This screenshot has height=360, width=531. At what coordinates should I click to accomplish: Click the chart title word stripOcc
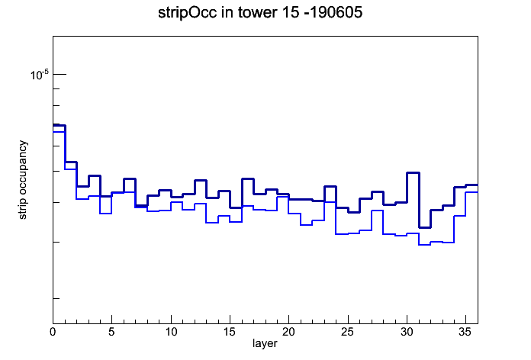(x=188, y=13)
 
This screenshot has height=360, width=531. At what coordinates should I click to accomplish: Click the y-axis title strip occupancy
(x=22, y=180)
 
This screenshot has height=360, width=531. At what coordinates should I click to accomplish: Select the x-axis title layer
(x=265, y=343)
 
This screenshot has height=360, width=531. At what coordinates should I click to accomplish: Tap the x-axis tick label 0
(x=53, y=333)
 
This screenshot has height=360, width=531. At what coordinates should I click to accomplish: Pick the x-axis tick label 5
(x=111, y=333)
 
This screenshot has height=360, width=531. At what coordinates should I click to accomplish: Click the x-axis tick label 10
(x=171, y=333)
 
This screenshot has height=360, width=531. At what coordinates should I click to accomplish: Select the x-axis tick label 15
(x=230, y=333)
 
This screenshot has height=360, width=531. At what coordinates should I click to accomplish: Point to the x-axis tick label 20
(x=288, y=333)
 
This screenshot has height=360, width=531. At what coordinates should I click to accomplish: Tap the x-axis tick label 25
(x=347, y=333)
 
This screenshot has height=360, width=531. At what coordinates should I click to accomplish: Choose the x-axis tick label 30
(x=407, y=333)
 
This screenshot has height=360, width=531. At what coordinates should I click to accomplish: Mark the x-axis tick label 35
(x=465, y=333)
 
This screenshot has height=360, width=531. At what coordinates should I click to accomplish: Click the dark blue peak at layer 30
(x=413, y=172)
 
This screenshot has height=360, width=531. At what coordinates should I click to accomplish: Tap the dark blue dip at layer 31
(x=425, y=227)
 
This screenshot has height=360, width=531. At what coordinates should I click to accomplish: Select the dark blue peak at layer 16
(x=247, y=178)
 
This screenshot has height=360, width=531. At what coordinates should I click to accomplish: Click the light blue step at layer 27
(x=377, y=211)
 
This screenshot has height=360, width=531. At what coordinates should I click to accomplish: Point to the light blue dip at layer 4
(x=105, y=214)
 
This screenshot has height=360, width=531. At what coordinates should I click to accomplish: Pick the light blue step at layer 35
(x=471, y=192)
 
